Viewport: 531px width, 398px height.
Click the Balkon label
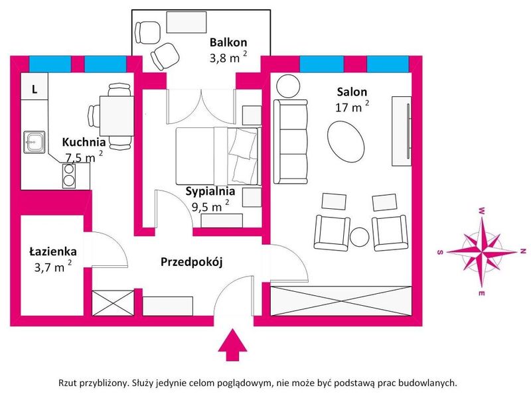(228, 42)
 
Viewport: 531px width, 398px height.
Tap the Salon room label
(352, 92)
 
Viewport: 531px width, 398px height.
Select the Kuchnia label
(84, 142)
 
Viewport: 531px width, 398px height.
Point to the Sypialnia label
(210, 192)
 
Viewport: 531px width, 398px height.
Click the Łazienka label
(53, 251)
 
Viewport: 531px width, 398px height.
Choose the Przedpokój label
(191, 262)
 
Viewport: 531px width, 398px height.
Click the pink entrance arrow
(232, 344)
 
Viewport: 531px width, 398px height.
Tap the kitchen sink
(35, 142)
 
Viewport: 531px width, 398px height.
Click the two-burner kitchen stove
(69, 176)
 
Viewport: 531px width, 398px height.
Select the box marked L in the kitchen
(35, 86)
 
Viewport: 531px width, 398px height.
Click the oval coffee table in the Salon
(346, 142)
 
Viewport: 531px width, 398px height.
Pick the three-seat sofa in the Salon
(291, 142)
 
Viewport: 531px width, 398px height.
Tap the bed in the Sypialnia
(218, 156)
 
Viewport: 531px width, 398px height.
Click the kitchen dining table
(117, 115)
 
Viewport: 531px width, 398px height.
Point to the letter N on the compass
(523, 251)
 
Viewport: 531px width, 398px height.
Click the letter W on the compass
(481, 211)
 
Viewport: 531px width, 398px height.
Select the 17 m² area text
(352, 107)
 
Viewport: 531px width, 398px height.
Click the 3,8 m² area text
(228, 57)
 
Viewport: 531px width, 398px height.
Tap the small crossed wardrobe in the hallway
(113, 303)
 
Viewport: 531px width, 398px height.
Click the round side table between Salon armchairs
(359, 237)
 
